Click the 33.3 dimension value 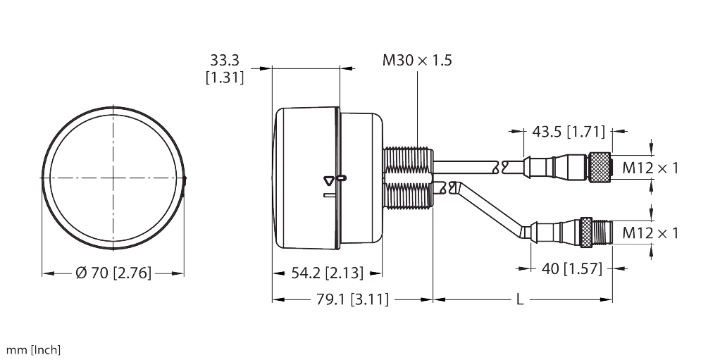pyautogui.click(x=225, y=60)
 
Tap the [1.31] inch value pyautogui.click(x=225, y=77)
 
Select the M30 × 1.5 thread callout pyautogui.click(x=417, y=60)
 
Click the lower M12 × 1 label pyautogui.click(x=650, y=232)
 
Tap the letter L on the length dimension pyautogui.click(x=520, y=300)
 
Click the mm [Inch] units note pyautogui.click(x=33, y=349)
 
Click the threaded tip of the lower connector pyautogui.click(x=602, y=230)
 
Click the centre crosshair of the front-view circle pyautogui.click(x=113, y=178)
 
